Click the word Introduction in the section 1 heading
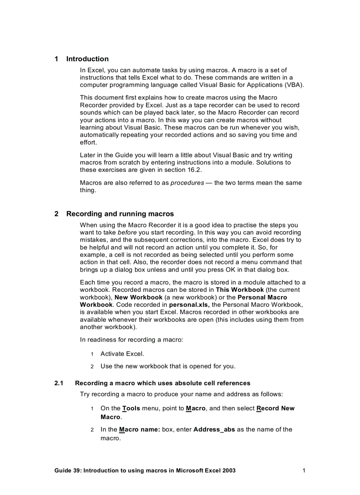(x=87, y=59)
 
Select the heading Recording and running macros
(x=120, y=214)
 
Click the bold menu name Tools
(x=131, y=408)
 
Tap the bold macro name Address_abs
(x=214, y=429)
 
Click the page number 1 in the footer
(x=304, y=470)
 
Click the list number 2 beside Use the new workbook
(x=92, y=366)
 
